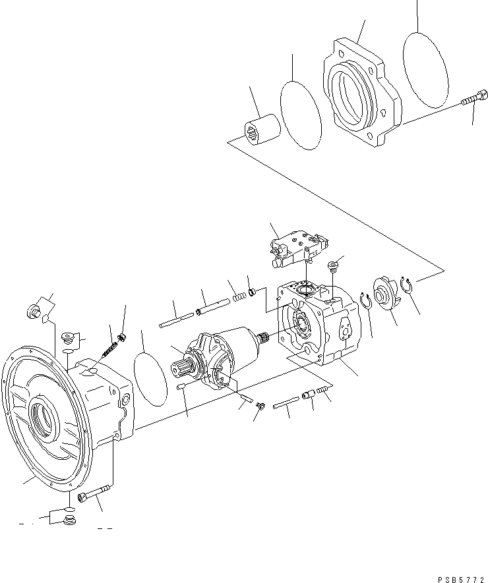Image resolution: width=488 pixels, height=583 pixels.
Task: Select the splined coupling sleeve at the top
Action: point(262,134)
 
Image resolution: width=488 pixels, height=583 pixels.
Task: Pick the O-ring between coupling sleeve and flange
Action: point(301,116)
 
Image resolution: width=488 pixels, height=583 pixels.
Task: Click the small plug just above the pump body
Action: point(334,265)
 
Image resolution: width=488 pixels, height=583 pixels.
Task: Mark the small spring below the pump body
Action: point(322,393)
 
